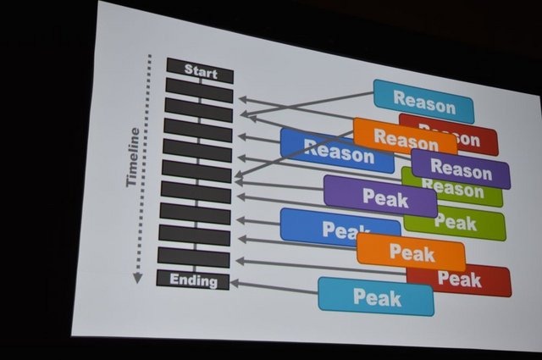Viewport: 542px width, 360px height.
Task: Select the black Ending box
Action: click(x=194, y=280)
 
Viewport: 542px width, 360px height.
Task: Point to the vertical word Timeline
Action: click(x=133, y=158)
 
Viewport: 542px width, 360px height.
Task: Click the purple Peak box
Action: click(x=380, y=197)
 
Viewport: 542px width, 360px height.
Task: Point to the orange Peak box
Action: click(x=411, y=252)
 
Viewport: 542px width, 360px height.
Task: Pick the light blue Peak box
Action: click(x=376, y=296)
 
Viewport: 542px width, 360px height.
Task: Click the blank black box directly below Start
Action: click(x=199, y=89)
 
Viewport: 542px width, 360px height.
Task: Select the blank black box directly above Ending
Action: click(x=194, y=258)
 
